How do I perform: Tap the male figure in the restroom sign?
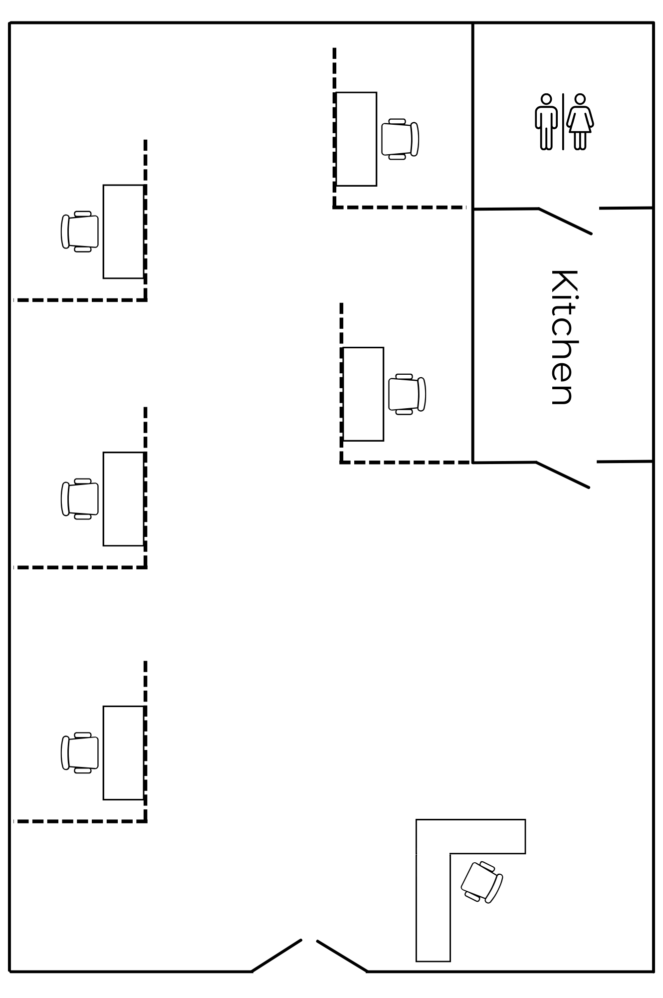tap(546, 121)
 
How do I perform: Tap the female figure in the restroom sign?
tap(580, 121)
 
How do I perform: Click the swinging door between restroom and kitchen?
tap(565, 221)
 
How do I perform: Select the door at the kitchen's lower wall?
tap(563, 475)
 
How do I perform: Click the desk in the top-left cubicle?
tap(123, 232)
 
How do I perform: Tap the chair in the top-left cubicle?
tap(80, 232)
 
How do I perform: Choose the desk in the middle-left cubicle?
tap(123, 499)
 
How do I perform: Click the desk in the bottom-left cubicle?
tap(123, 753)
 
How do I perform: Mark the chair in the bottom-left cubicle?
tap(80, 753)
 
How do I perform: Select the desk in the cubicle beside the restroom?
tap(356, 139)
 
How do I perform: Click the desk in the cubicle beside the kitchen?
tap(363, 394)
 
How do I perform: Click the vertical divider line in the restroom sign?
tap(563, 121)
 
